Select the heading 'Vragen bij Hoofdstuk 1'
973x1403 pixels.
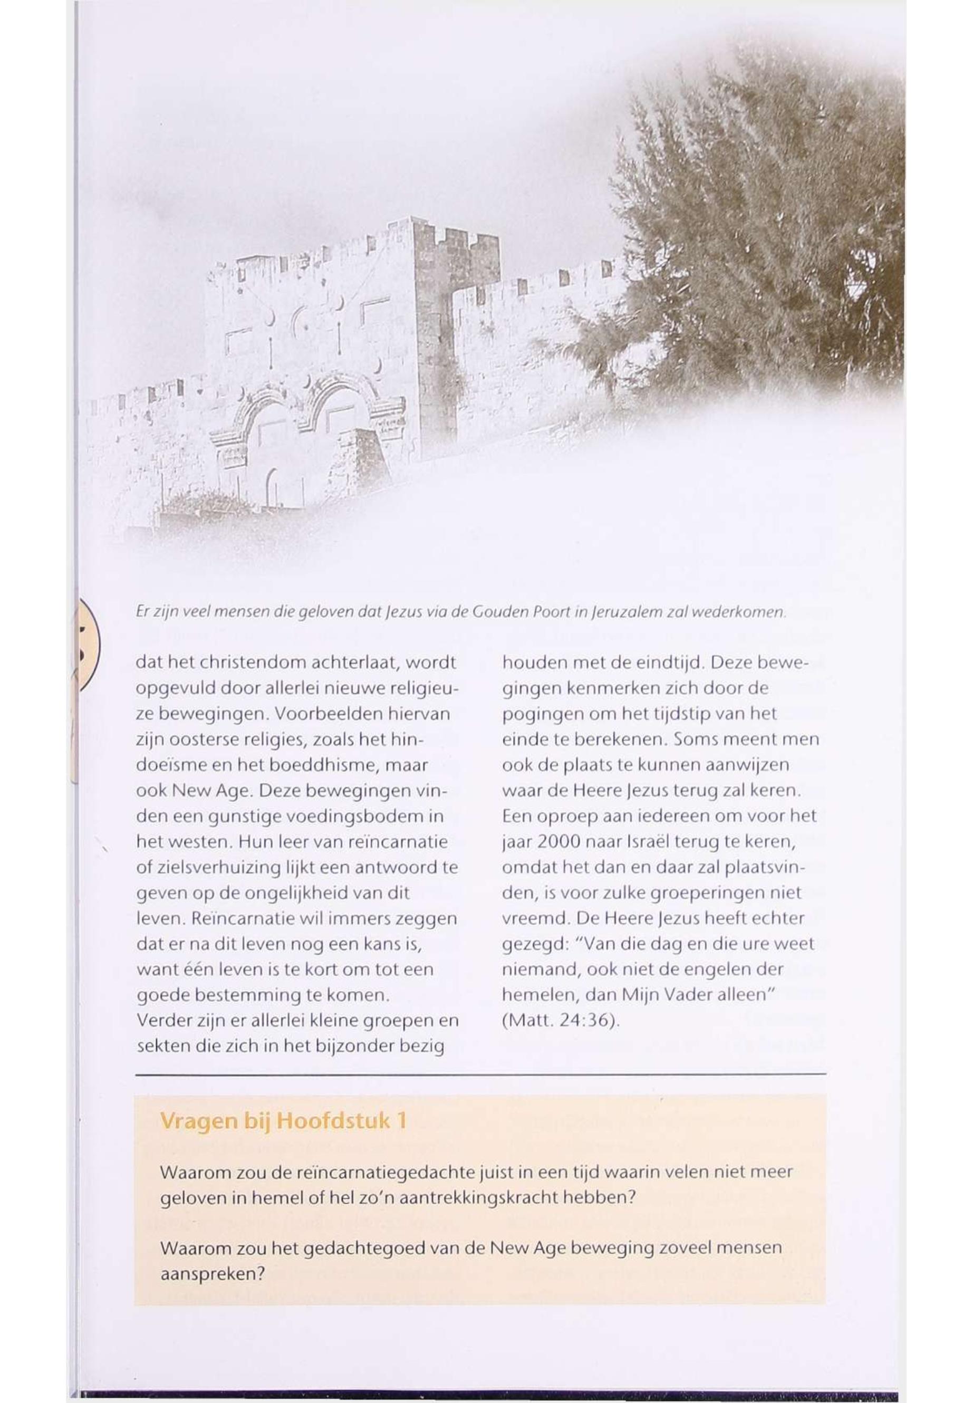coord(283,1121)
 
